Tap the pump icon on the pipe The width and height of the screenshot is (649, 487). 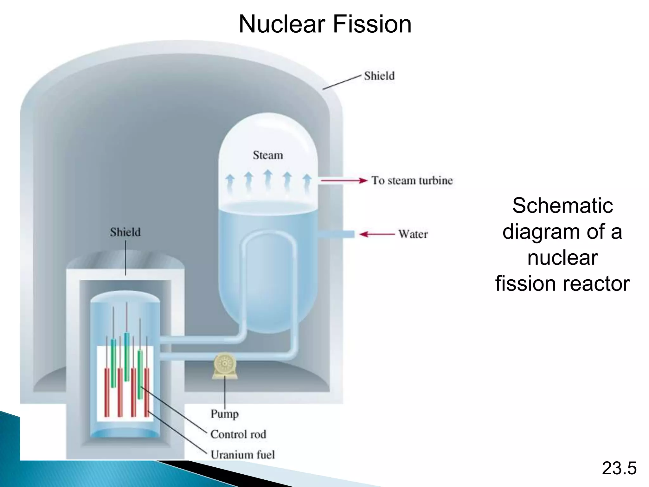pyautogui.click(x=225, y=365)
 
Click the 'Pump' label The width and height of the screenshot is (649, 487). pyautogui.click(x=225, y=413)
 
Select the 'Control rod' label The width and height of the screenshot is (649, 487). pyautogui.click(x=238, y=434)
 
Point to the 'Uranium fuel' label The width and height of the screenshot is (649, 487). pyautogui.click(x=243, y=455)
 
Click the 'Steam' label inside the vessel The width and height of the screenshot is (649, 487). pyautogui.click(x=268, y=155)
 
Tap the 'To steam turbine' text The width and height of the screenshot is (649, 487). pyautogui.click(x=412, y=181)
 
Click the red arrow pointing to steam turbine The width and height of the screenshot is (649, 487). pyautogui.click(x=344, y=181)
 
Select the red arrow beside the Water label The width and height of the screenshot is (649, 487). pyautogui.click(x=377, y=234)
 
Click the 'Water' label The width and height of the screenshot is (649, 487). pyautogui.click(x=413, y=234)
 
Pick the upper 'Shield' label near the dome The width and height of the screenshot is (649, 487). pyautogui.click(x=379, y=76)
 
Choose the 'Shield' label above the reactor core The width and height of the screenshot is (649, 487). pyautogui.click(x=125, y=232)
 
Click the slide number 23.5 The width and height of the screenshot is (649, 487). pyautogui.click(x=619, y=468)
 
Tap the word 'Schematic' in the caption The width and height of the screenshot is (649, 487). pyautogui.click(x=562, y=205)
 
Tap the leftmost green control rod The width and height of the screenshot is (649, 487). pyautogui.click(x=113, y=363)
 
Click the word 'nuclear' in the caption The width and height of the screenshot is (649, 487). pyautogui.click(x=562, y=257)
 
